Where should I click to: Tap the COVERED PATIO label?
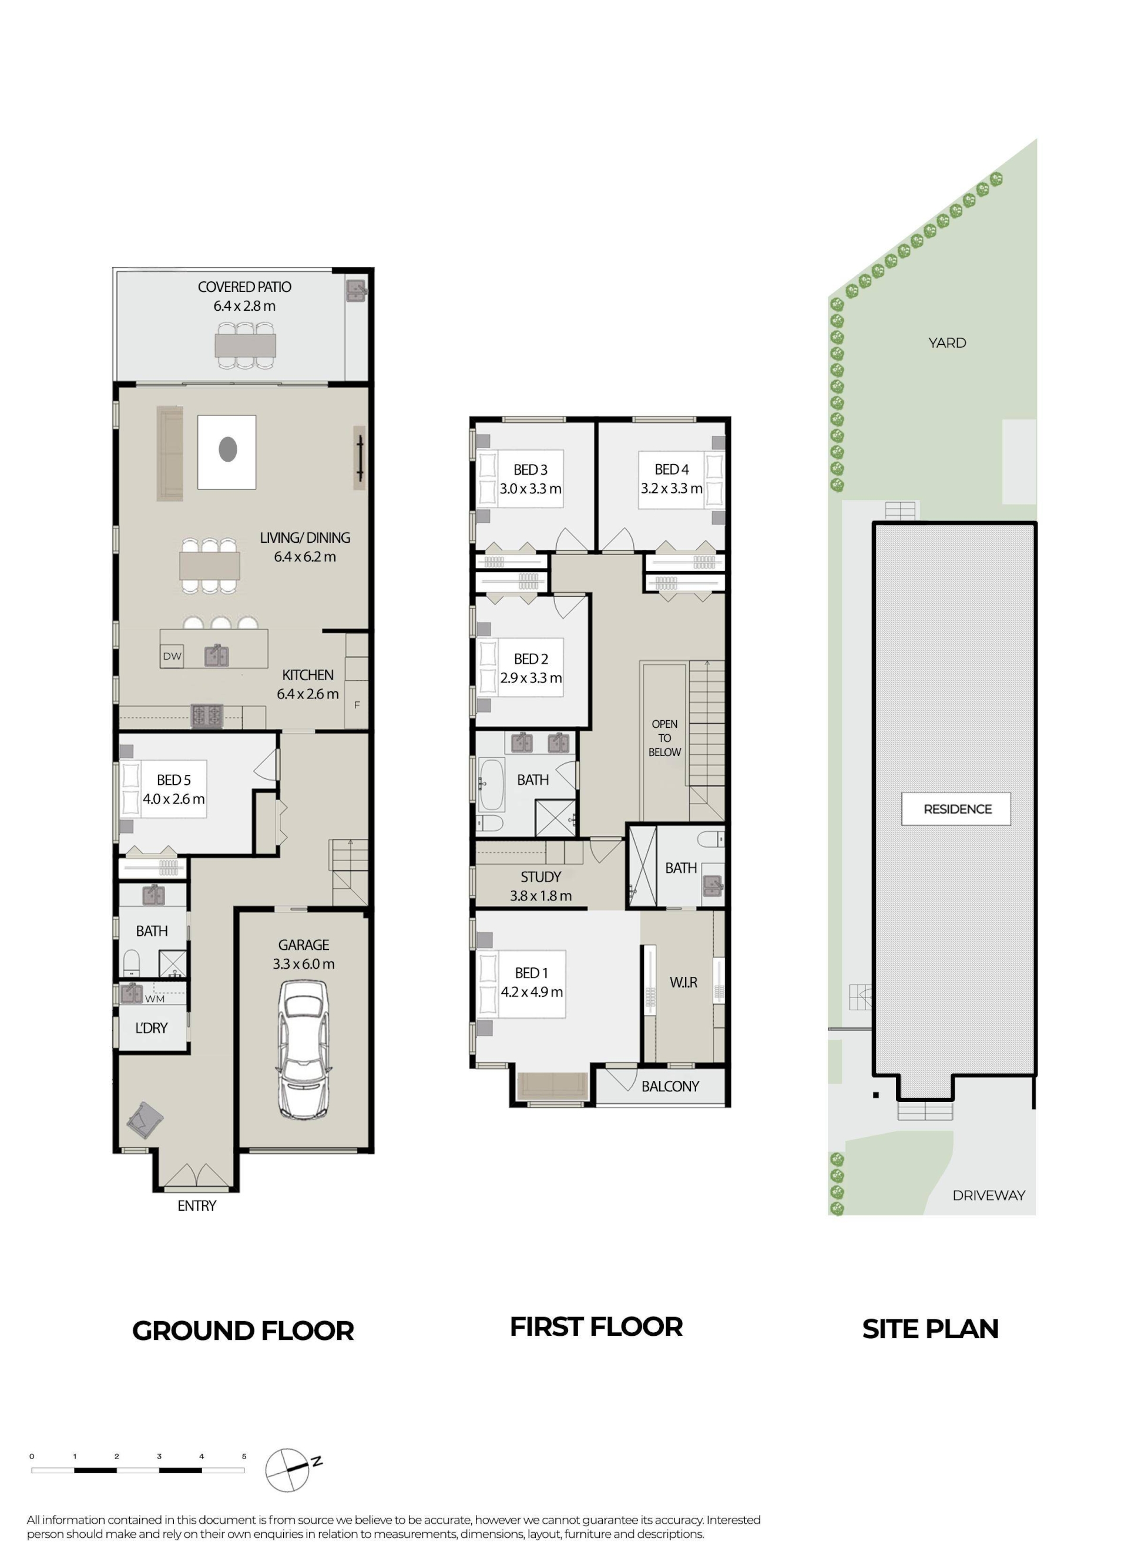pos(245,287)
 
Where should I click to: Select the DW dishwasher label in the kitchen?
pos(172,656)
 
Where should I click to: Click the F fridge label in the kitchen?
pos(357,704)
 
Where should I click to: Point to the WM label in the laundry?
pos(155,999)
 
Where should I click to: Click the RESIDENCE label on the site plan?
pos(958,809)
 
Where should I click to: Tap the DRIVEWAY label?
pos(988,1195)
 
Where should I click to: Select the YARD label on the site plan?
pos(947,342)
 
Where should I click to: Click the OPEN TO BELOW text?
pos(664,738)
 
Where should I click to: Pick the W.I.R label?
pos(683,982)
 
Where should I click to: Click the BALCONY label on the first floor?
pos(670,1086)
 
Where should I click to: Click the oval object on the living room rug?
pos(227,449)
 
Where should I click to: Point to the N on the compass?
pos(317,1461)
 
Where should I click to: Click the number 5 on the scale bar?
pos(244,1456)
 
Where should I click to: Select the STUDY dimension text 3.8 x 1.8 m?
pos(541,896)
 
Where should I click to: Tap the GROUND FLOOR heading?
pos(243,1330)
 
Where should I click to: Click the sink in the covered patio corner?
pos(356,290)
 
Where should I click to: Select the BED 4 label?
pos(672,469)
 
